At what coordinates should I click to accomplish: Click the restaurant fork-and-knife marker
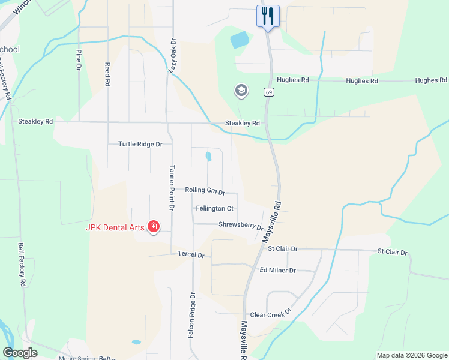[267, 16]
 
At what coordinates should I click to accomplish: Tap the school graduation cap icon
[241, 91]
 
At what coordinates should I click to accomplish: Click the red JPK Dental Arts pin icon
[154, 226]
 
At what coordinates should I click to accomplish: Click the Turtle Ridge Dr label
[140, 144]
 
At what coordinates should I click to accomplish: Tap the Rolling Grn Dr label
[205, 191]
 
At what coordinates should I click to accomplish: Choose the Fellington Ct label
[214, 208]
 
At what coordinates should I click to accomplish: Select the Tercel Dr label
[191, 254]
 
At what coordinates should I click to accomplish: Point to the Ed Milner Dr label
[277, 270]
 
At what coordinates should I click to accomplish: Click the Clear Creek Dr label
[270, 314]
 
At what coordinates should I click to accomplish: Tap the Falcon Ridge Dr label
[191, 323]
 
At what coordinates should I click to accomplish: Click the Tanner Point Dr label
[171, 187]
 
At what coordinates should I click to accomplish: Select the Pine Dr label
[79, 60]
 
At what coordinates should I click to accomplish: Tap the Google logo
[20, 353]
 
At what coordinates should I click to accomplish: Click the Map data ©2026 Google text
[411, 355]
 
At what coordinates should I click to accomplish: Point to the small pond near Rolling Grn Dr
[208, 157]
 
